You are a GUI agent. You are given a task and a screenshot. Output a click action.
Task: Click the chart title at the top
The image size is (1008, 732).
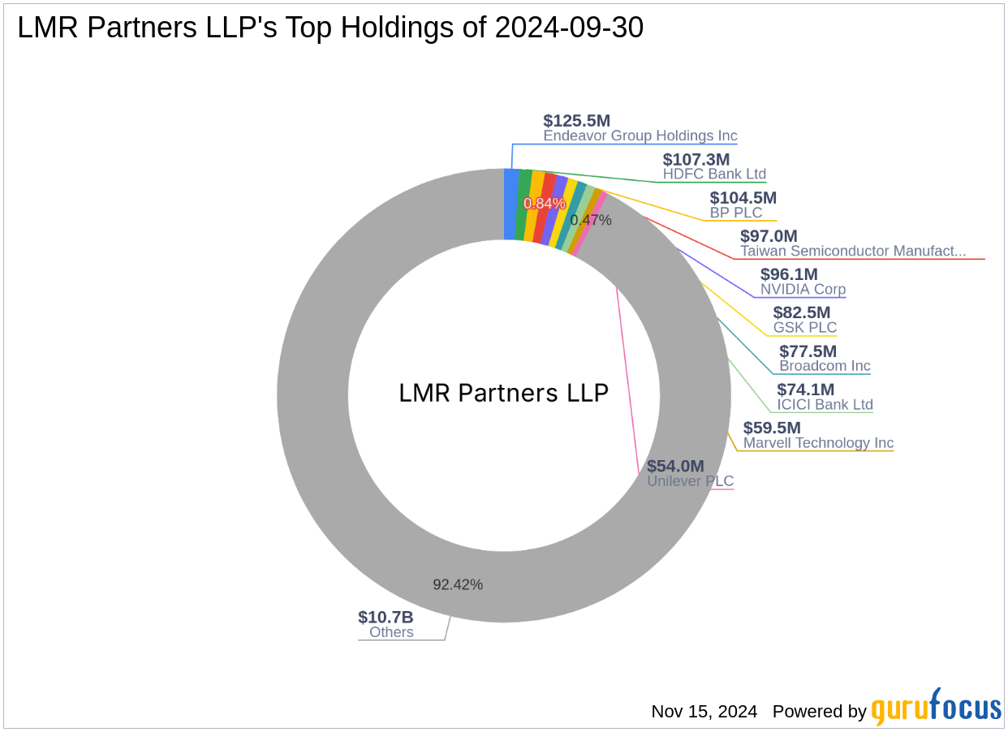tap(330, 28)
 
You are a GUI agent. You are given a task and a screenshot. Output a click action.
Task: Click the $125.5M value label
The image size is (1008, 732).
tap(576, 121)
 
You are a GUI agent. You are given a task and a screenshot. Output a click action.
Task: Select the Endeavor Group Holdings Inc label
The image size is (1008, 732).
tap(640, 136)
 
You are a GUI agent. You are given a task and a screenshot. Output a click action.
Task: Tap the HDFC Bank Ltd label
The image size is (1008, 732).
tap(714, 174)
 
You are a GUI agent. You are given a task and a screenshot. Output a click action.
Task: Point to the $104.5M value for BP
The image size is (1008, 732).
tap(743, 197)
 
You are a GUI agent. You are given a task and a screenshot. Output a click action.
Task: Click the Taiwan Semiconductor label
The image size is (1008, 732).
tap(852, 252)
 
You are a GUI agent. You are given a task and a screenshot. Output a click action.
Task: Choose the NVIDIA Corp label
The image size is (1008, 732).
tap(803, 290)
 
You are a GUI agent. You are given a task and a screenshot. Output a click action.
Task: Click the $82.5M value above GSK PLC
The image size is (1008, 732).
tap(802, 312)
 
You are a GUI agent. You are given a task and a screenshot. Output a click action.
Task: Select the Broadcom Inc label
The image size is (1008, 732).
tap(825, 366)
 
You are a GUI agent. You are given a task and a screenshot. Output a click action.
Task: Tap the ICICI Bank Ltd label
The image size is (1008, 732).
tap(825, 405)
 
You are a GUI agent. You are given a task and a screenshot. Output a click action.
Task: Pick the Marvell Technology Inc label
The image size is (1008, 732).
tap(818, 443)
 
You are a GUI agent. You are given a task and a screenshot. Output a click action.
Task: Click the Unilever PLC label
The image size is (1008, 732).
tap(690, 481)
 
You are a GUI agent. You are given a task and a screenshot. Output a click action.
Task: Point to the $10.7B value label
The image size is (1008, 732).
tap(386, 617)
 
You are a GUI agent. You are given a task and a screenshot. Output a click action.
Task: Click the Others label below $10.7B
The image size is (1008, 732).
tap(391, 633)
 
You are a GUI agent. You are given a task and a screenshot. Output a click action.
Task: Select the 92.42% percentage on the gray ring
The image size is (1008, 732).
tap(457, 584)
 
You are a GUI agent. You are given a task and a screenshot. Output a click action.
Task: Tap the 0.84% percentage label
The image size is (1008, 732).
tap(544, 203)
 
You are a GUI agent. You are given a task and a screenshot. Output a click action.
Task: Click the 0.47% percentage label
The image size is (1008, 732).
tap(590, 220)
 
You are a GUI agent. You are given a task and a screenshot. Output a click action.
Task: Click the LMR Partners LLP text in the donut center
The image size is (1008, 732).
tap(503, 394)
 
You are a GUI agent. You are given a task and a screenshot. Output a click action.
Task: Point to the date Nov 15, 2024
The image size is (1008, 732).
tap(704, 712)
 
